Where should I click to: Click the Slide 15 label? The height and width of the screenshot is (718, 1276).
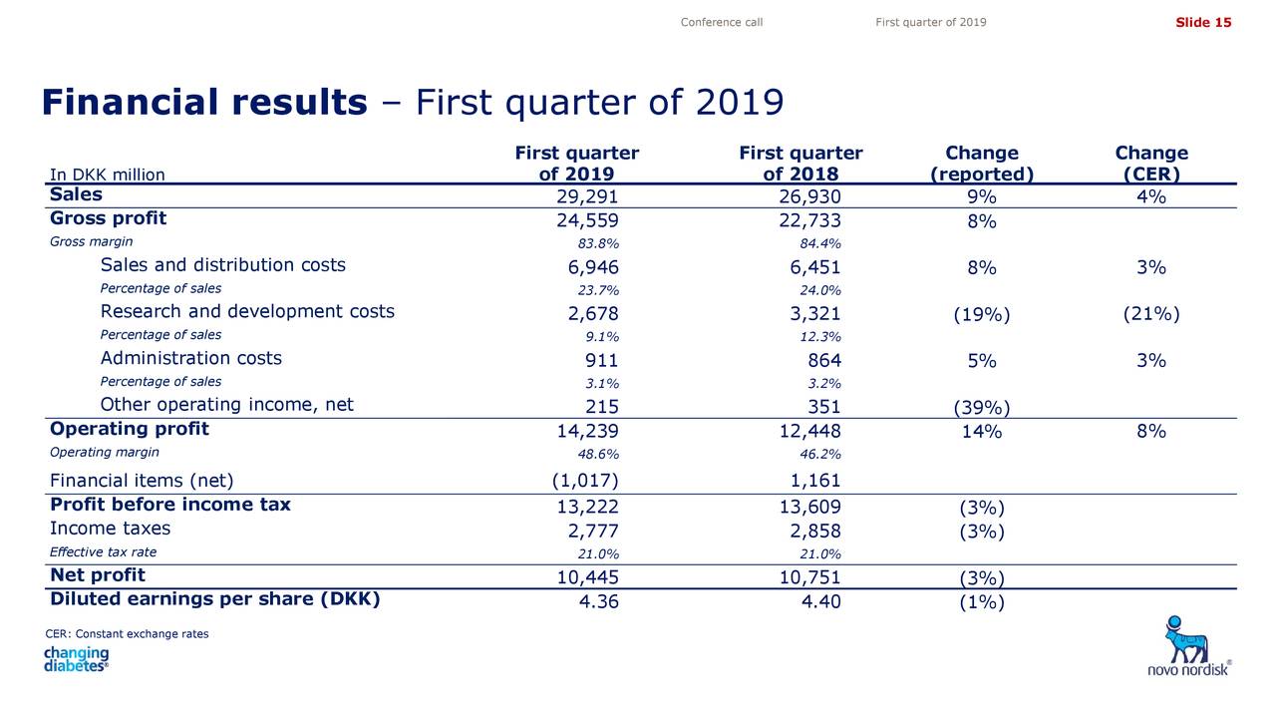tap(1203, 22)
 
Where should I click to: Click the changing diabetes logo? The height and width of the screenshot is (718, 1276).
tap(77, 659)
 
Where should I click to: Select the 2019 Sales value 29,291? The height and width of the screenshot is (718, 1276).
tap(587, 196)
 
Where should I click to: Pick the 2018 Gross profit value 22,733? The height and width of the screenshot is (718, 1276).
tap(809, 220)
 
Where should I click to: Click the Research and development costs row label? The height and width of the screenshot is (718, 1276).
tap(247, 311)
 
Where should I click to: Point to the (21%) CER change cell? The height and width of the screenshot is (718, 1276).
tap(1151, 314)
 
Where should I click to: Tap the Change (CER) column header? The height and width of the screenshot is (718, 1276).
tap(1151, 163)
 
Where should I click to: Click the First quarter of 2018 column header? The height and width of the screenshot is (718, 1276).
tap(800, 163)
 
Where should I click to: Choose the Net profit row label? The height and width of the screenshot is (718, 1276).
tap(98, 575)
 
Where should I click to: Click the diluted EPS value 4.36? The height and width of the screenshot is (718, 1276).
tap(598, 601)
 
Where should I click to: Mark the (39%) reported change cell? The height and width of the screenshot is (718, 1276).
tap(982, 407)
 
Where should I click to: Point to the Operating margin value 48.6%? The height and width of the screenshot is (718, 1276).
tap(597, 454)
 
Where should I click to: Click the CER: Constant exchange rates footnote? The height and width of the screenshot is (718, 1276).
tap(127, 633)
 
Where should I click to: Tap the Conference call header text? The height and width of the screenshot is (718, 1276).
tap(721, 22)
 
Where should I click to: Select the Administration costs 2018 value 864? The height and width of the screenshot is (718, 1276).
tap(823, 360)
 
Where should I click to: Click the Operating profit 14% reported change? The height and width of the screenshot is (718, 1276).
tap(982, 431)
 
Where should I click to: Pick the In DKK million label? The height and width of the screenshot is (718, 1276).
tap(107, 175)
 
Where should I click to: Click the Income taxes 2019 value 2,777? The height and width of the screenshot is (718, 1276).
tap(592, 532)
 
